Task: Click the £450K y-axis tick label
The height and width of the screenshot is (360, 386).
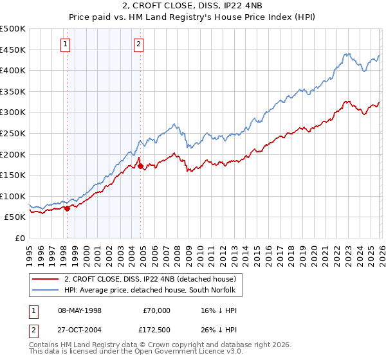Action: pos(13,50)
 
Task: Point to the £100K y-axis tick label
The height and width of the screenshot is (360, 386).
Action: pos(13,196)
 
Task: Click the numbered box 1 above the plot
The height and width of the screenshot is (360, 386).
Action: pos(66,44)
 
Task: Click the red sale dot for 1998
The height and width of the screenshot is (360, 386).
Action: pos(67,208)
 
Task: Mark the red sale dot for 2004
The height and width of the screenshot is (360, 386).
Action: pos(141,166)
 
